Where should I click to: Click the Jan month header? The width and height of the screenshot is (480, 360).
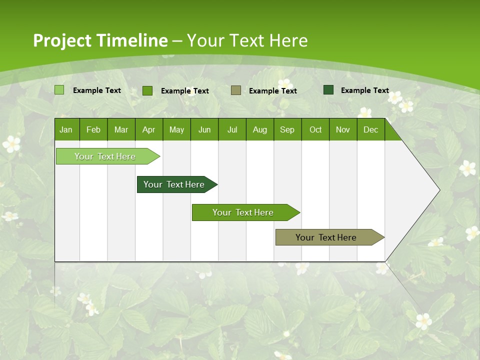66,129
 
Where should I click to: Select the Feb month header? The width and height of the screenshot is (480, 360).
93,129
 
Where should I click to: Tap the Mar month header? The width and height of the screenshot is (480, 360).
121,129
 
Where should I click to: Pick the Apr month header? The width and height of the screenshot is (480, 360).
148,129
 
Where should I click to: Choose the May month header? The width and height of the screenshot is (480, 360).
176,129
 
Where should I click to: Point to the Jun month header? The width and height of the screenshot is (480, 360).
204,129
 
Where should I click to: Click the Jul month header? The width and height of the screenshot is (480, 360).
232,129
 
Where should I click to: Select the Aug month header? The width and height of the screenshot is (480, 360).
259,129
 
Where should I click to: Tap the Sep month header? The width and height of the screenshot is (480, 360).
287,129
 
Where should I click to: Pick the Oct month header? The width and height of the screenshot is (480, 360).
315,129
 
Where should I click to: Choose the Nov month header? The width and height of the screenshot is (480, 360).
343,129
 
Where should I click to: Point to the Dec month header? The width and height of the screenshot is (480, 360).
370,129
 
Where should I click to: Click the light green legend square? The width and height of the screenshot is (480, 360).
59,90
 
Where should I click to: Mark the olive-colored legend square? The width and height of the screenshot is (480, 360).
236,90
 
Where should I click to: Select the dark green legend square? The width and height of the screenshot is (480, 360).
328,90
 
